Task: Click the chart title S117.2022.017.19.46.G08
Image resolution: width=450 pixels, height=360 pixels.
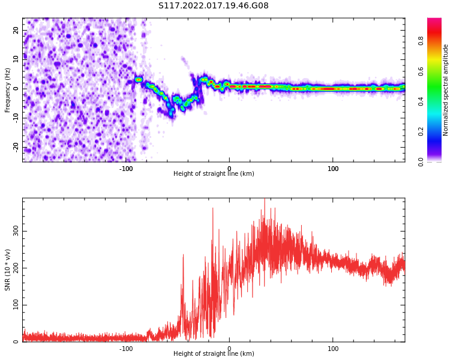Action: (x=214, y=6)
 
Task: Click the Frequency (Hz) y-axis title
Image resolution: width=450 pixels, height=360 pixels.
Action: (x=8, y=90)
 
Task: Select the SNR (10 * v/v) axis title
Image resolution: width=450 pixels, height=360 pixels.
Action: (x=8, y=270)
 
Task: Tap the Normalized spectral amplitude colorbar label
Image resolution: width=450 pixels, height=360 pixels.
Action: (x=446, y=90)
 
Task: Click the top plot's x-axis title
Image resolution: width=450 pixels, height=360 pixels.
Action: (x=214, y=174)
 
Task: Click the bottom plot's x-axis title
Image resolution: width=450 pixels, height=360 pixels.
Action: (x=214, y=354)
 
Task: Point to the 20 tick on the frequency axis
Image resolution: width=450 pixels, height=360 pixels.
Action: (x=16, y=30)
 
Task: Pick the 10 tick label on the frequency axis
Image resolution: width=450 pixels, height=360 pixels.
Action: (x=16, y=59)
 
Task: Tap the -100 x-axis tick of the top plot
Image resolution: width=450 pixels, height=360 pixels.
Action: (x=126, y=169)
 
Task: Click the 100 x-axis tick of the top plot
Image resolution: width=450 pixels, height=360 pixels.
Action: (x=333, y=169)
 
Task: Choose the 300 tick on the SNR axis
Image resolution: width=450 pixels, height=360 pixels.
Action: (x=16, y=231)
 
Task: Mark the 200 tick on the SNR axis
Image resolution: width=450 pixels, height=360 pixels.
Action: (x=16, y=268)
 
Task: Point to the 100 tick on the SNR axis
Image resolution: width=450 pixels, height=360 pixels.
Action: (x=16, y=305)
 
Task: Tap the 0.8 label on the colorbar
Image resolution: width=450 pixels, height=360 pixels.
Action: (x=421, y=40)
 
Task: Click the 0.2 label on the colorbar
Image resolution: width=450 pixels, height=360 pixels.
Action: (x=421, y=131)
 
